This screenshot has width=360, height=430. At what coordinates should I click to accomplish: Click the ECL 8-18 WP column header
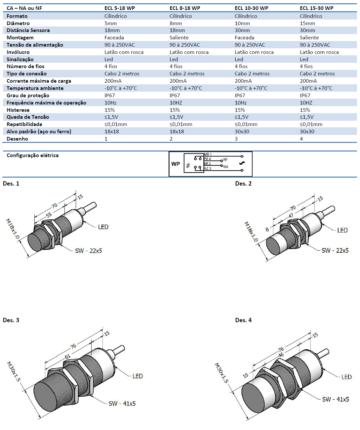pyautogui.click(x=185, y=8)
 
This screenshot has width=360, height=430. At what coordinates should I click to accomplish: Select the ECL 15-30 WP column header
pyautogui.click(x=316, y=8)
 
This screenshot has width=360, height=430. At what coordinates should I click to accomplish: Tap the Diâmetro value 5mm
pyautogui.click(x=111, y=23)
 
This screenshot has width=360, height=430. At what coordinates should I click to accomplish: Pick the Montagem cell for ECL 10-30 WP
pyautogui.click(x=244, y=38)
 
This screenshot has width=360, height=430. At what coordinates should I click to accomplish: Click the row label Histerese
pyautogui.click(x=18, y=110)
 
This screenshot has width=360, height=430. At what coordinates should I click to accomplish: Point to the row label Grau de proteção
pyautogui.click(x=28, y=95)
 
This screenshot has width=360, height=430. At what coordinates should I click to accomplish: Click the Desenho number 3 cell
pyautogui.click(x=236, y=139)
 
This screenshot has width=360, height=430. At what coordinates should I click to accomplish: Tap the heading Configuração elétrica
pyautogui.click(x=32, y=155)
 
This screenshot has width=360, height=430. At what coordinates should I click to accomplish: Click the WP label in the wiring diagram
pyautogui.click(x=176, y=164)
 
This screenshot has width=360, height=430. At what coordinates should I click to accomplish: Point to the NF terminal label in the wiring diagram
pyautogui.click(x=225, y=159)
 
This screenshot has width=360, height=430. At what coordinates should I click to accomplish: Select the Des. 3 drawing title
pyautogui.click(x=11, y=320)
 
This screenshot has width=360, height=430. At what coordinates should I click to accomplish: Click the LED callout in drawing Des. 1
pyautogui.click(x=103, y=227)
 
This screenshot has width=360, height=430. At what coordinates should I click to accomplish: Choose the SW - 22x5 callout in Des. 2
pyautogui.click(x=335, y=250)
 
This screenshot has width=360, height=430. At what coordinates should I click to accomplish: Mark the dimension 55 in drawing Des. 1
pyautogui.click(x=49, y=215)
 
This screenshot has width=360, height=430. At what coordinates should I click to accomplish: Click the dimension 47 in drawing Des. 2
pyautogui.click(x=291, y=215)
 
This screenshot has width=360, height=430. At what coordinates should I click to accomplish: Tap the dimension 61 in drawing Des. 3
pyautogui.click(x=67, y=357)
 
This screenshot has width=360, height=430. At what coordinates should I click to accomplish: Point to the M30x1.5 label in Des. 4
pyautogui.click(x=221, y=373)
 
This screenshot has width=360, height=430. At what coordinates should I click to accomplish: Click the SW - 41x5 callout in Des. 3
pyautogui.click(x=122, y=404)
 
